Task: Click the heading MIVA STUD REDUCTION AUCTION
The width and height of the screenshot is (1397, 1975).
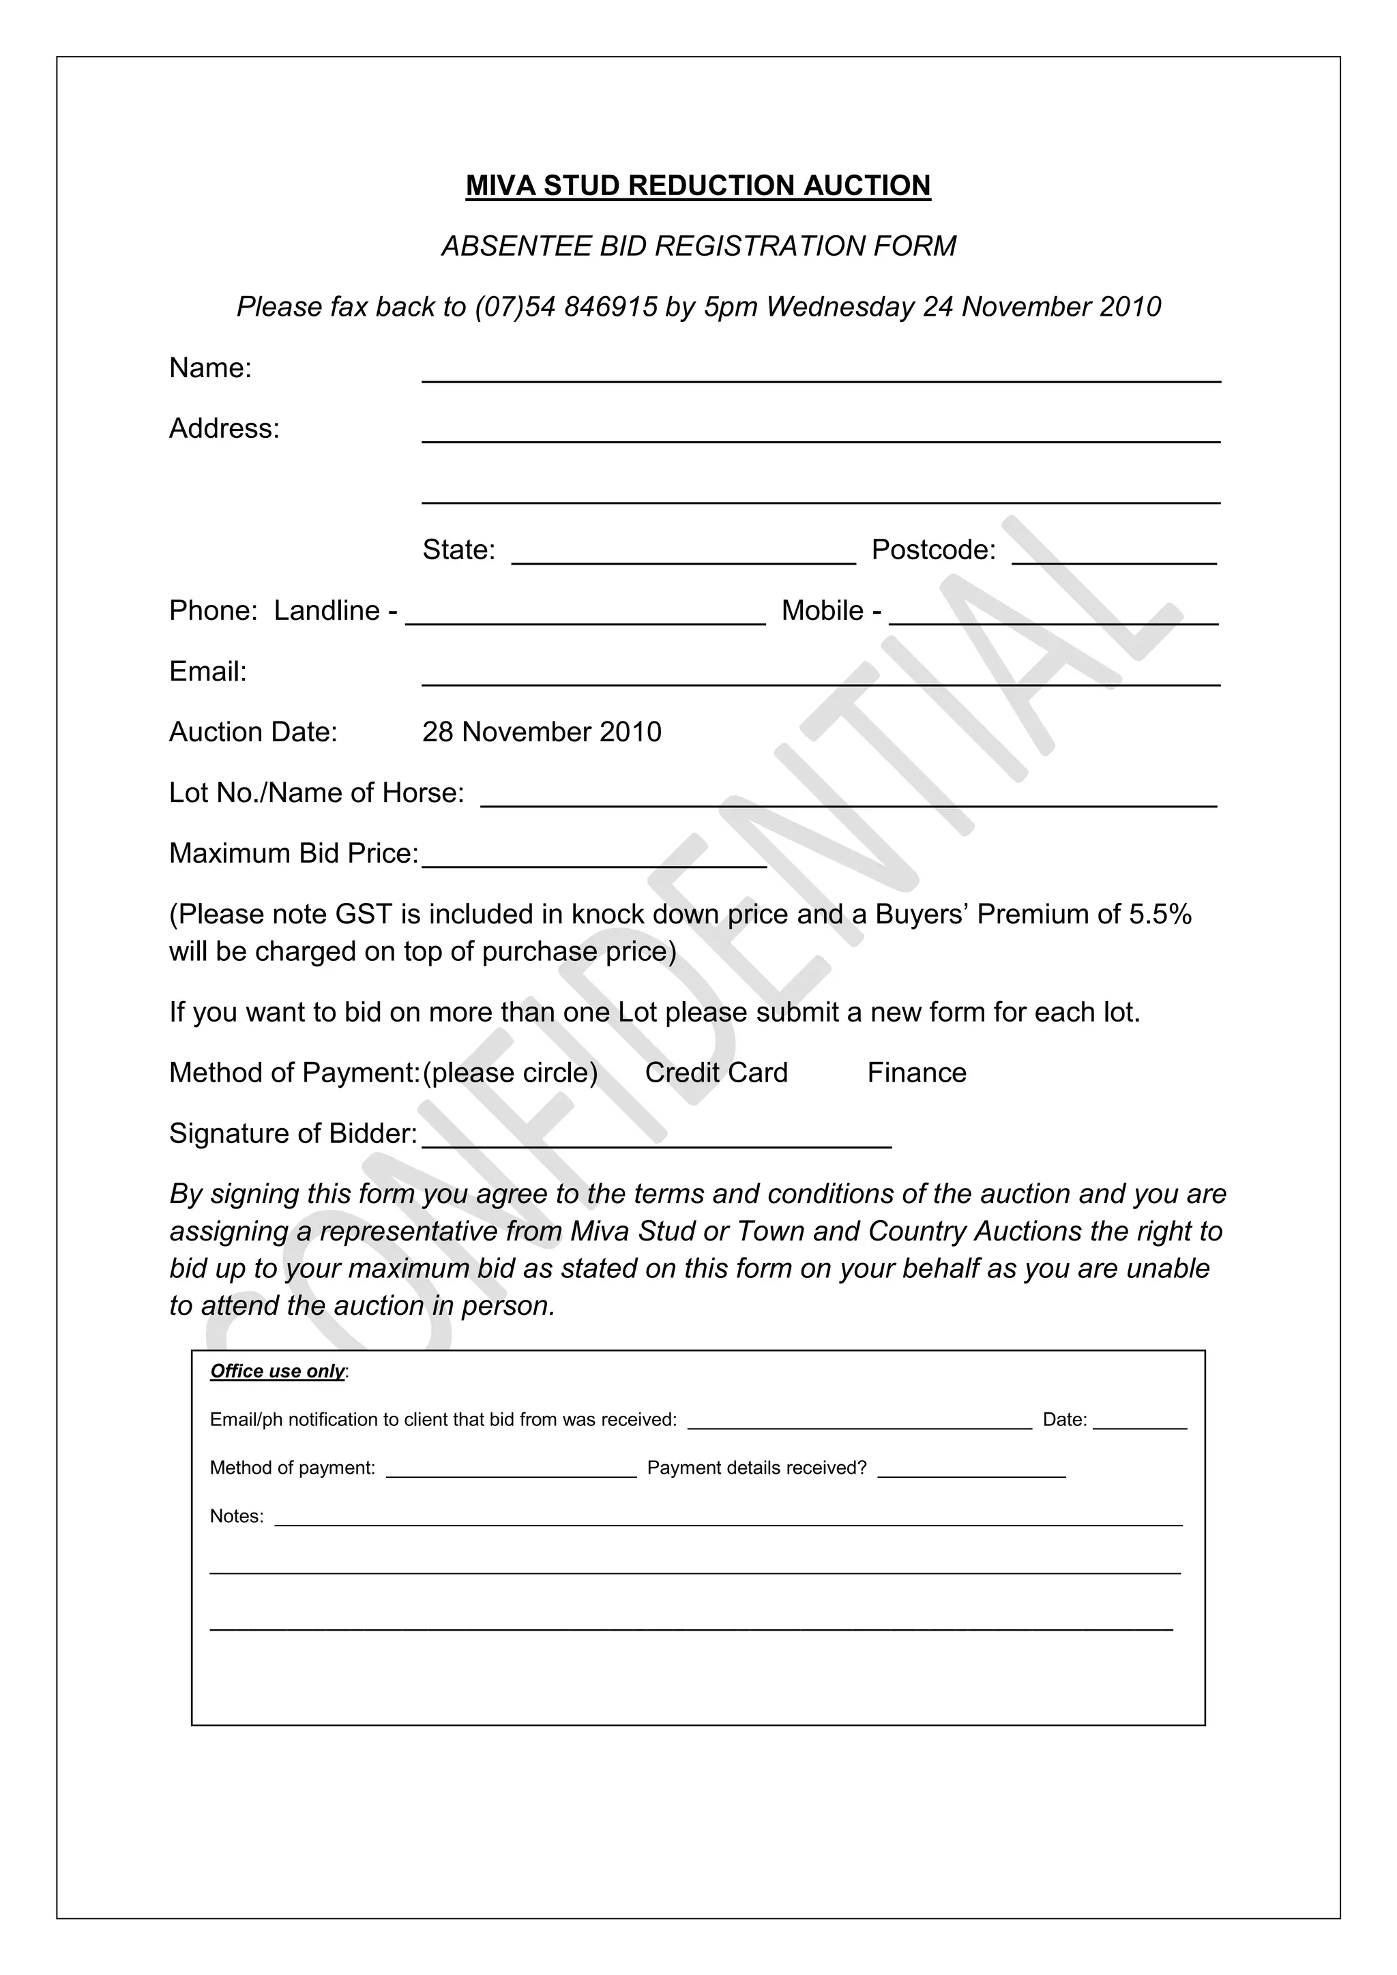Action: [x=698, y=185]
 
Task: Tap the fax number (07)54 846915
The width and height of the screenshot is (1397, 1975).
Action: [x=566, y=307]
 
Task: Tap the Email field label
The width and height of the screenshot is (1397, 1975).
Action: [x=207, y=672]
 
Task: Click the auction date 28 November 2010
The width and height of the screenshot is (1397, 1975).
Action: [x=542, y=732]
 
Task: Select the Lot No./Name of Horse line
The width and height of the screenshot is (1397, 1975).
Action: [x=848, y=802]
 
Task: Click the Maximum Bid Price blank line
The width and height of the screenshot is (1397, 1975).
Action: [x=593, y=863]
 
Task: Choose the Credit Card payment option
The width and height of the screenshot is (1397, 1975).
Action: [x=716, y=1073]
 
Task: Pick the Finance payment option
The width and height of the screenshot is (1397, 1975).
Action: [x=916, y=1073]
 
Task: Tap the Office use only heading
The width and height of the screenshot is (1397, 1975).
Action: [x=277, y=1371]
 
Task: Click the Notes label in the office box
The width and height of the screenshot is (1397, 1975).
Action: [x=237, y=1517]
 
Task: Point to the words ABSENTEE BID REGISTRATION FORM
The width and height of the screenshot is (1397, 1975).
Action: [x=698, y=247]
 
